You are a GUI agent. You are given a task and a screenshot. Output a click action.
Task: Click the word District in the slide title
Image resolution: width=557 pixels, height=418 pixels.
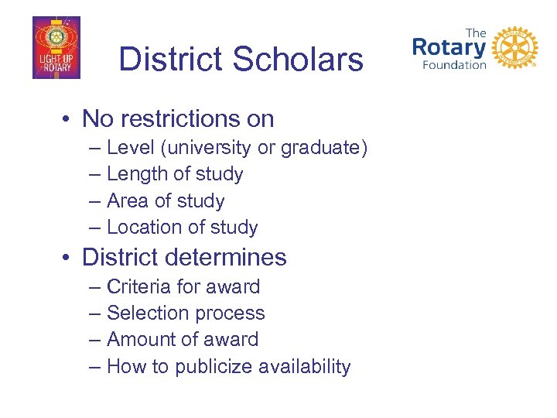pyautogui.click(x=170, y=60)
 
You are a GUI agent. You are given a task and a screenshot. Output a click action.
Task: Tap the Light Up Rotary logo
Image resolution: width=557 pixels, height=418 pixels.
pyautogui.click(x=56, y=48)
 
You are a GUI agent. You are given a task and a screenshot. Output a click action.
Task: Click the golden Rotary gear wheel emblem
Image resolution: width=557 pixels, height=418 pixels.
pyautogui.click(x=514, y=48)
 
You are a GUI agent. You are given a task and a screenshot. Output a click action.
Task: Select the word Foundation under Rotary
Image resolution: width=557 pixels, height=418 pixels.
pyautogui.click(x=454, y=65)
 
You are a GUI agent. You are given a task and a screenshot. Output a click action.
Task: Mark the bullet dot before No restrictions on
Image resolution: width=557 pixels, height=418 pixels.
pyautogui.click(x=69, y=119)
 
